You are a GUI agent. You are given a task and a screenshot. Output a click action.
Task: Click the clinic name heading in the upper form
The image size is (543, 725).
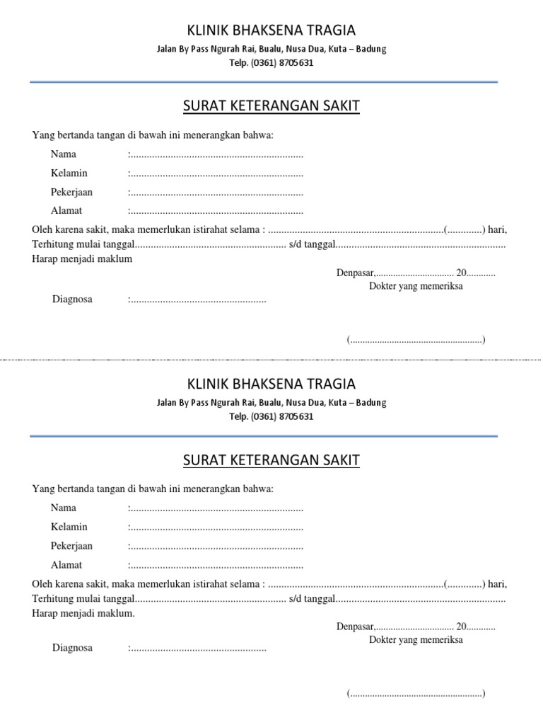point(271,30)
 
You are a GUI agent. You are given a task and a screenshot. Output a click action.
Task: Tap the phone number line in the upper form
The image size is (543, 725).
point(271,62)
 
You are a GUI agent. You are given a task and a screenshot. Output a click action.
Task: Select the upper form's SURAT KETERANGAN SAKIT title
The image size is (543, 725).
point(271,106)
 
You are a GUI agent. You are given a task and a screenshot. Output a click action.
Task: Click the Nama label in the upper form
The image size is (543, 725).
point(64,154)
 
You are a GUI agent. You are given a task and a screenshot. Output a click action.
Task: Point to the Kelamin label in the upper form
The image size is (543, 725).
point(69,173)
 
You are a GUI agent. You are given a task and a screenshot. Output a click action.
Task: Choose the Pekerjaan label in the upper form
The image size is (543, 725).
point(71,192)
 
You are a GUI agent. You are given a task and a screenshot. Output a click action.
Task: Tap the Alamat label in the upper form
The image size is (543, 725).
point(66,210)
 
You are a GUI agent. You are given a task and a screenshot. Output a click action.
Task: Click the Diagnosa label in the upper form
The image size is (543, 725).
point(72,299)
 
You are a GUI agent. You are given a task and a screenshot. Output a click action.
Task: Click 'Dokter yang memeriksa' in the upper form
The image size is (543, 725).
point(416,286)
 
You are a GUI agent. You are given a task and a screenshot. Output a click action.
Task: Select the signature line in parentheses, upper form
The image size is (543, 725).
point(416,340)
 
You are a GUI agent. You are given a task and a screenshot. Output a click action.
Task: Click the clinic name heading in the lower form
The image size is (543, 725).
point(271,384)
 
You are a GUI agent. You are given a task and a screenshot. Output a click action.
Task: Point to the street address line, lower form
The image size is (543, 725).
point(271,403)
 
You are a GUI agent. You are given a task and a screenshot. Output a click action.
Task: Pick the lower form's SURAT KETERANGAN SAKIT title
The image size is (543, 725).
point(271,460)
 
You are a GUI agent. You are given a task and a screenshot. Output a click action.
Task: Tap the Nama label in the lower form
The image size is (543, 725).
point(64,508)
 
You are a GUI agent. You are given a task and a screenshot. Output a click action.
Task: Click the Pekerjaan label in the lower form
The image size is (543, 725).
point(71,546)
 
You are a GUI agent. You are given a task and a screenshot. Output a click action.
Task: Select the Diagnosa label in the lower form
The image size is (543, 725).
point(72,648)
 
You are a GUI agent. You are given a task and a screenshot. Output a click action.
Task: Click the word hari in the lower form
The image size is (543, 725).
point(497,584)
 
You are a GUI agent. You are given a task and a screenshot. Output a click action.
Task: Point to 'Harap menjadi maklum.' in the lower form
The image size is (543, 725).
point(83,613)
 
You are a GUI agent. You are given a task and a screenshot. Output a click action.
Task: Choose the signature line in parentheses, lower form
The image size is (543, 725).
point(416,694)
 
